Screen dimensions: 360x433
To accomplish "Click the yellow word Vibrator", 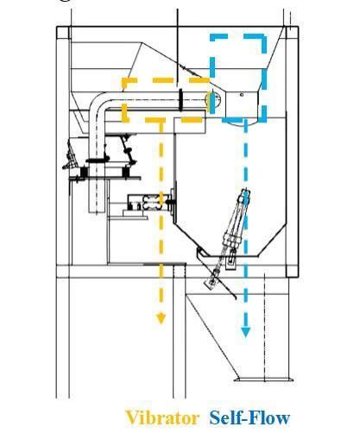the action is coord(162,417).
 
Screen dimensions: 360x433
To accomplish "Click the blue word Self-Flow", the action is coord(249,417).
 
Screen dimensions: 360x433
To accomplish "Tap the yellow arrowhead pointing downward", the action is coord(161,319).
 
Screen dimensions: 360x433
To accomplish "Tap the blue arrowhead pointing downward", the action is coord(245,332).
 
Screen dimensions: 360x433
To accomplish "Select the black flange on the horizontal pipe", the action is coord(180,100).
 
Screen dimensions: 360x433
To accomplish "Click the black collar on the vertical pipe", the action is coord(98,160).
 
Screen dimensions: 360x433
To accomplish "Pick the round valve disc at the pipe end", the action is coord(213,99).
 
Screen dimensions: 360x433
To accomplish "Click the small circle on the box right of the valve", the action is coord(242,95).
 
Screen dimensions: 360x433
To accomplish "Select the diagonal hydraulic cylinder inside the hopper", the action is coord(237,218).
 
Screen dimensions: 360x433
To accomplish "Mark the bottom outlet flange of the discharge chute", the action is coord(263,380).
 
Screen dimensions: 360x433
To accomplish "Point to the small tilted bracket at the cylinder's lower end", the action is coord(211,282).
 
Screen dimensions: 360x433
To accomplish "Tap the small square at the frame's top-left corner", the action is coord(64,33).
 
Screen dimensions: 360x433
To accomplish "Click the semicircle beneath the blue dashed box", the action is coord(241,124).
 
